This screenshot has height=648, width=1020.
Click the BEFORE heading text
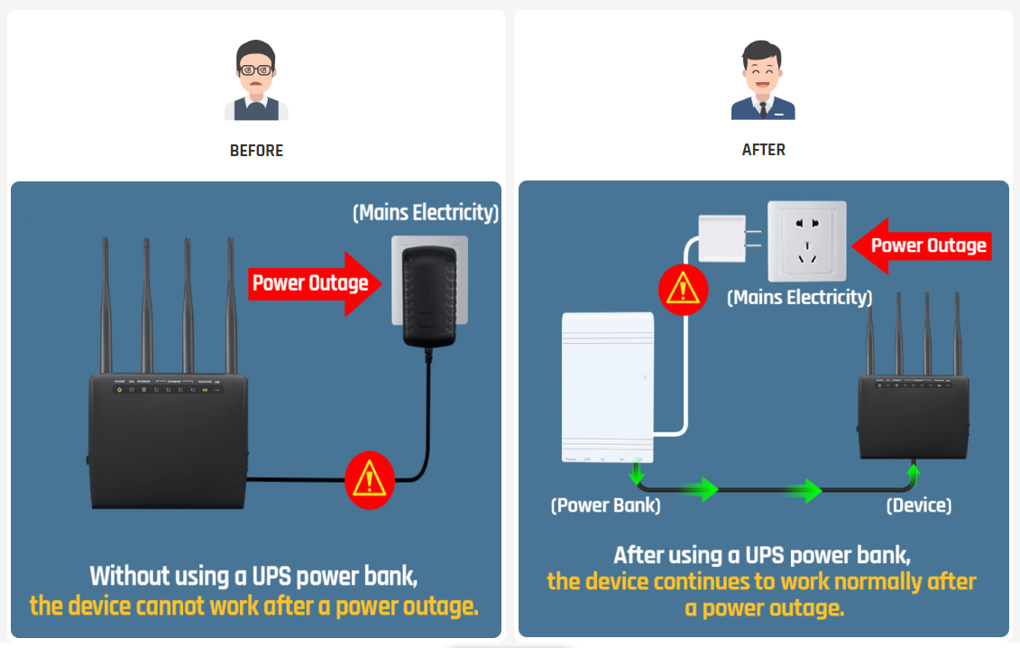[x=256, y=151]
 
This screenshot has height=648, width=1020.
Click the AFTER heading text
[x=763, y=150]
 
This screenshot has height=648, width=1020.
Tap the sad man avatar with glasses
[x=256, y=81]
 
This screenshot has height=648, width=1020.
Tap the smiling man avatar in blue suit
[x=763, y=81]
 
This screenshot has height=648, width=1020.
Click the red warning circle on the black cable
[x=370, y=478]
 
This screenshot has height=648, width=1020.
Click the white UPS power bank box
[x=608, y=386]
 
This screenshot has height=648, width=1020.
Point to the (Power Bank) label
[x=605, y=506]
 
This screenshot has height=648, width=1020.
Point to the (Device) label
[x=918, y=505]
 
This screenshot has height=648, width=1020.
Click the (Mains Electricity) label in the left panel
[x=426, y=213]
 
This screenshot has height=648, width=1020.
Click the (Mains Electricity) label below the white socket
[x=799, y=297]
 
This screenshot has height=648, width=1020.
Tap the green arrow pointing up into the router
[x=914, y=472]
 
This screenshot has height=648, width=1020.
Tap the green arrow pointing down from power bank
[x=637, y=474]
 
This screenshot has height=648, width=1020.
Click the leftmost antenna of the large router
[x=106, y=307]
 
